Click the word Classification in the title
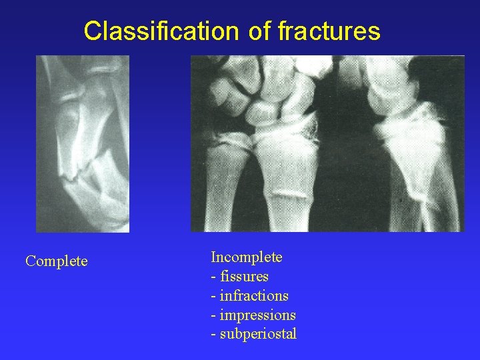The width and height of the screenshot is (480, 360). [161, 31]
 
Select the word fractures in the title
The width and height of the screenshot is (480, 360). [328, 31]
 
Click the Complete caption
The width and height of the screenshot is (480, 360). [56, 261]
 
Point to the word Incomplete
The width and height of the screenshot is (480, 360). [247, 257]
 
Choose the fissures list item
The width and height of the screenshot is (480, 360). [244, 276]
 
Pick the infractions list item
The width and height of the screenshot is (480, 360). [254, 295]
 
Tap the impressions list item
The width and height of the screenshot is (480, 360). [257, 315]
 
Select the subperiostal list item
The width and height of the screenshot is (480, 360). [258, 334]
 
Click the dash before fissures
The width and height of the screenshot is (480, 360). [213, 277]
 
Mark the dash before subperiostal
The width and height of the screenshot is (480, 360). [213, 335]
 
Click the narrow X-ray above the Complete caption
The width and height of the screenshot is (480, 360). [83, 143]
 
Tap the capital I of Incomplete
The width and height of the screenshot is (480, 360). [213, 257]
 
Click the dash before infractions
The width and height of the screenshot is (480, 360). [213, 296]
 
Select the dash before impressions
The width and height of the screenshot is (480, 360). [213, 315]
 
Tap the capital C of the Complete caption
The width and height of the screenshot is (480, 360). [30, 261]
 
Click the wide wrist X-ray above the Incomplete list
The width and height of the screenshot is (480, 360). [327, 143]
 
